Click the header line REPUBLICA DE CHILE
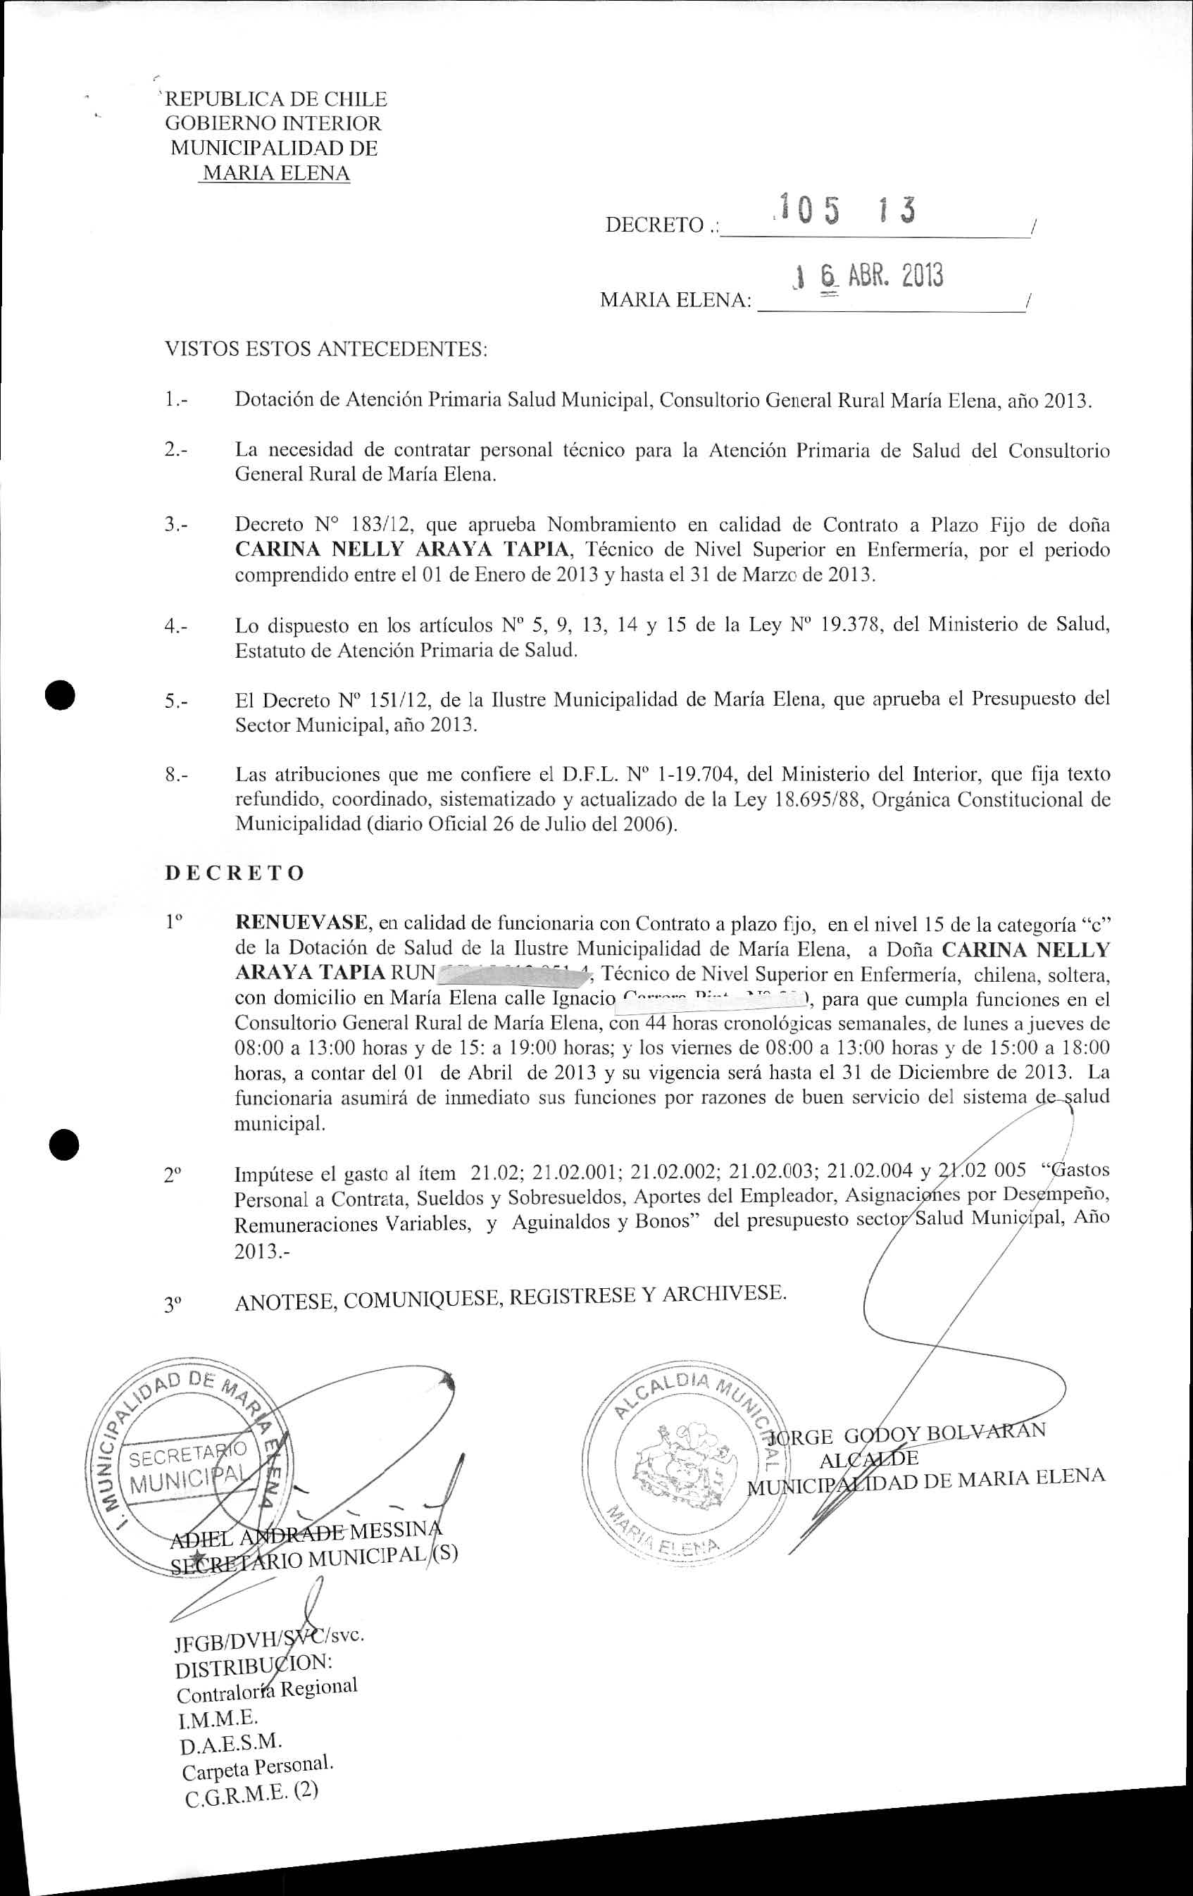(275, 99)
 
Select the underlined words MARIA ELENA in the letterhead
(275, 173)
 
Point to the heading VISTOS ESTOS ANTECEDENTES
(325, 349)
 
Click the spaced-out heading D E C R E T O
(234, 873)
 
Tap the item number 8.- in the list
(176, 774)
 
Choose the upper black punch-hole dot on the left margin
(60, 695)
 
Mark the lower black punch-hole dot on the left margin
(63, 1143)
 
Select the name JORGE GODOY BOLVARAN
(911, 1435)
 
